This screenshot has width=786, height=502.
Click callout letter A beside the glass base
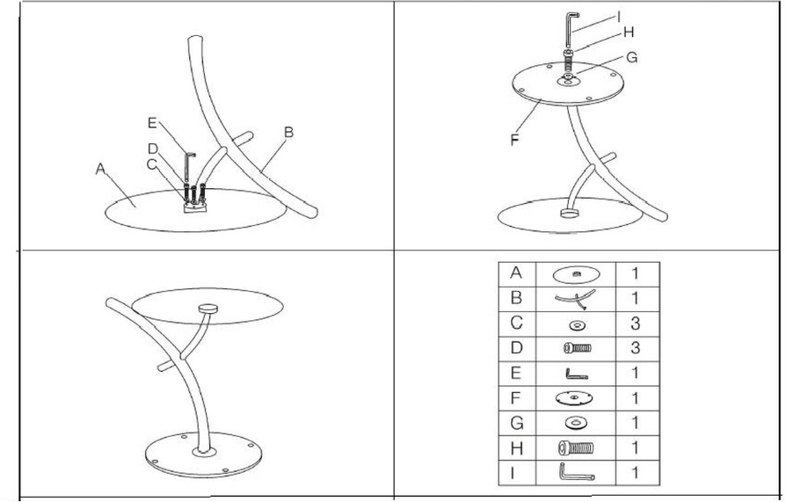point(101,169)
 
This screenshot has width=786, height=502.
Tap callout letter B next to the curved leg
point(288,133)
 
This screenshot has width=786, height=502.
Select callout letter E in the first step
point(153,122)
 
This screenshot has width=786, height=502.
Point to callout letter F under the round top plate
point(515,140)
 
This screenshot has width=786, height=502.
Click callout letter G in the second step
point(631,58)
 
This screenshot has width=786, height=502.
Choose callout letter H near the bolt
point(629,33)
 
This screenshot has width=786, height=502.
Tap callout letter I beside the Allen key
point(619,18)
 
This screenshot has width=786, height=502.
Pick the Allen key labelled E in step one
point(189,167)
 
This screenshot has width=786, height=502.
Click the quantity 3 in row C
point(635,324)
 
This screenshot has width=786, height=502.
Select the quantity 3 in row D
point(635,348)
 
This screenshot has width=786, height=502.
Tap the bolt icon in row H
point(576,447)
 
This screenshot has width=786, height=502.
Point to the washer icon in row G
point(576,423)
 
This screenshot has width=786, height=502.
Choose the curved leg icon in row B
point(576,300)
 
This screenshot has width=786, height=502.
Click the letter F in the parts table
point(516,398)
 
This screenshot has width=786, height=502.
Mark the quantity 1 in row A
point(635,273)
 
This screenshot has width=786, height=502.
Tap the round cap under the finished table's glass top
point(207,308)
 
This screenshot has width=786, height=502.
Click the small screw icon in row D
point(578,347)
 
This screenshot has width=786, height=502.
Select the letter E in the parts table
point(516,373)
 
